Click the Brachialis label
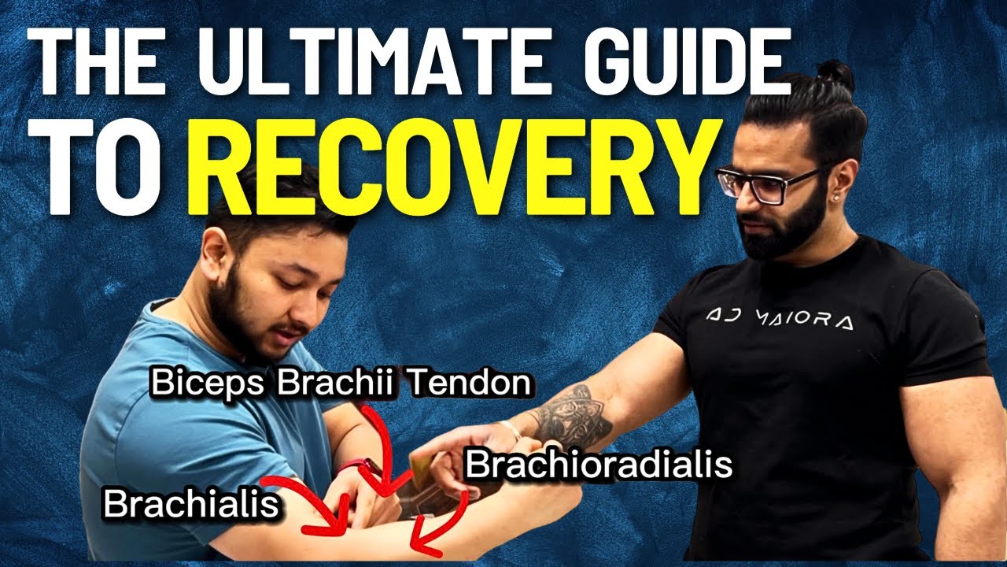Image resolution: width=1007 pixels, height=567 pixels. pyautogui.click(x=190, y=505)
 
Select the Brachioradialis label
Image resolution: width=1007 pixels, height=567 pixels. pyautogui.click(x=599, y=465)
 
